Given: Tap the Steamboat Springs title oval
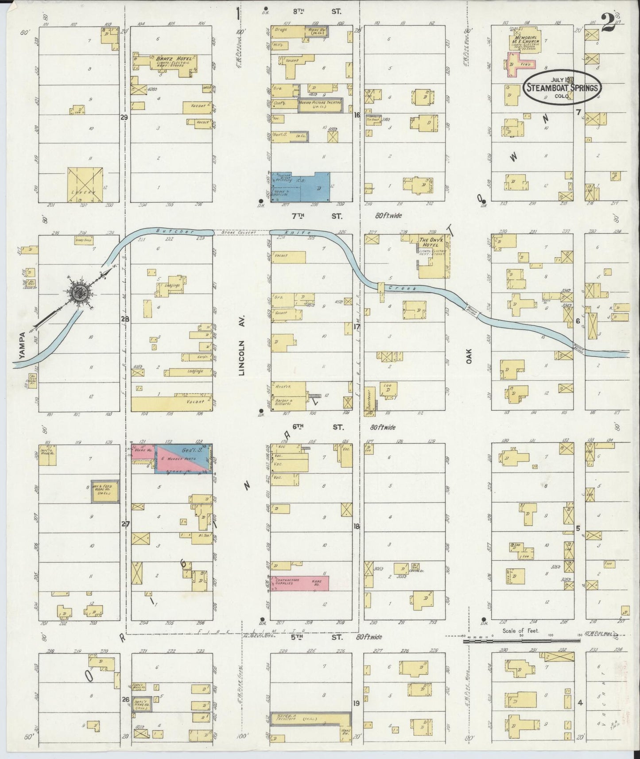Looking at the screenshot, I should tap(562, 87).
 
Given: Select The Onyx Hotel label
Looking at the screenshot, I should tap(428, 242).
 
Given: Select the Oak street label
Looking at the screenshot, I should tap(469, 356).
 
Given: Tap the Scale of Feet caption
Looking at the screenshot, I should tap(520, 630).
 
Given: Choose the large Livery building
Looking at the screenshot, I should tap(85, 185).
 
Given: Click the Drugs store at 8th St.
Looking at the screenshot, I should tap(281, 30).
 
